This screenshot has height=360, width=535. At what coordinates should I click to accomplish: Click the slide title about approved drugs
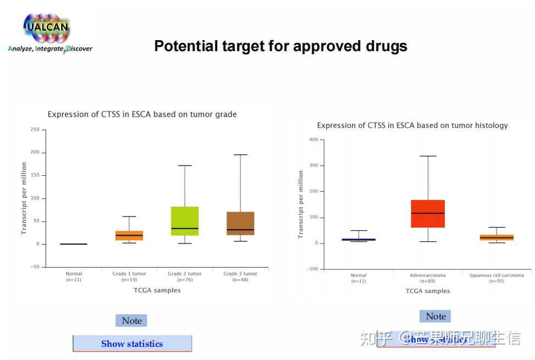tap(280, 46)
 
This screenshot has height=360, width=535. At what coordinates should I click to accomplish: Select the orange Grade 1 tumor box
tap(129, 235)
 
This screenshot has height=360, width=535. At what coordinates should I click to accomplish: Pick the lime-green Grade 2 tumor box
tap(185, 221)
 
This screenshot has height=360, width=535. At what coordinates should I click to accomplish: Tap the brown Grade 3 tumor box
tap(240, 223)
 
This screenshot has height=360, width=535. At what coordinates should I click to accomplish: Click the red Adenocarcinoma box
tap(428, 214)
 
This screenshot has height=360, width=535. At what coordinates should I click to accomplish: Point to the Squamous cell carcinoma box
tap(497, 237)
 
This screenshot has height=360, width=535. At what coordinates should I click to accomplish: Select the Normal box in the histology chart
tap(358, 239)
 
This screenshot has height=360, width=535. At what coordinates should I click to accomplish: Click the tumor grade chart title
tap(142, 114)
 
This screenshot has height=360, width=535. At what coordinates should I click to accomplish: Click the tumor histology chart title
tap(412, 125)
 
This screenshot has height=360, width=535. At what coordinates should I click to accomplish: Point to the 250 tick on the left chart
tap(35, 130)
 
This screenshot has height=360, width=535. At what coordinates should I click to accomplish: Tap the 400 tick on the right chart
tap(313, 140)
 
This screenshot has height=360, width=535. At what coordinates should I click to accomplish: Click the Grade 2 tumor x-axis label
tap(185, 274)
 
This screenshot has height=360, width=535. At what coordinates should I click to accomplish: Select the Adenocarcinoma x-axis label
tap(428, 275)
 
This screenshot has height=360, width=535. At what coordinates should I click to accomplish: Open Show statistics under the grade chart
tap(132, 344)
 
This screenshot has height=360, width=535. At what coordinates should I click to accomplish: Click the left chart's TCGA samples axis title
tap(157, 290)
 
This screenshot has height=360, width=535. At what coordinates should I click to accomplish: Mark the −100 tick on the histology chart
tap(312, 269)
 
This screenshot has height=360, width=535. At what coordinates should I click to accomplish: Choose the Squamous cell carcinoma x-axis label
tap(497, 275)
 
